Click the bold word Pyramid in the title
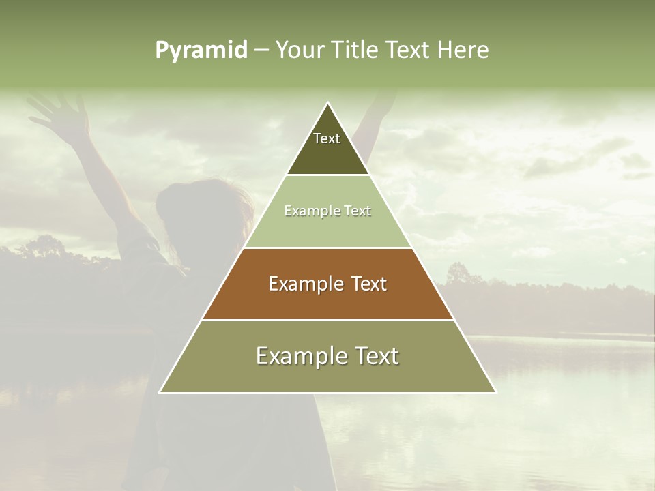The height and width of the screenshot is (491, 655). (201, 50)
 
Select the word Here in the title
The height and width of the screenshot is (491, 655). (463, 50)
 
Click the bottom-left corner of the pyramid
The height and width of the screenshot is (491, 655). (160, 393)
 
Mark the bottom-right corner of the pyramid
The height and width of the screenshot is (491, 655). (496, 393)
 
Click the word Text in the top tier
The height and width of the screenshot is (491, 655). (327, 138)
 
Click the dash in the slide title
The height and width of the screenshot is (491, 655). (261, 50)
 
